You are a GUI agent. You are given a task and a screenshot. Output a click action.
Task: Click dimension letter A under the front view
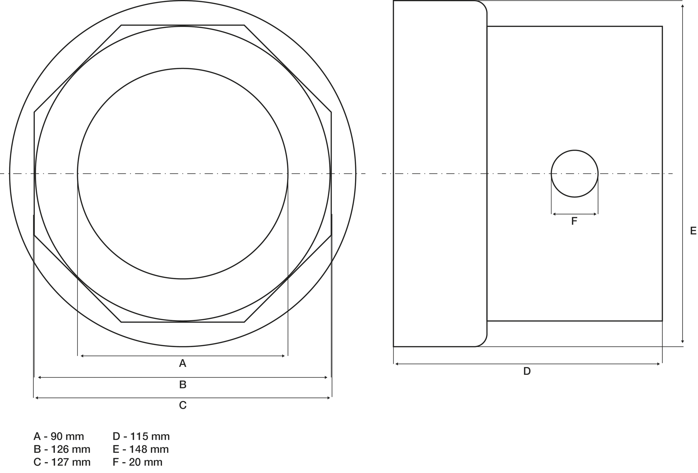click(x=183, y=363)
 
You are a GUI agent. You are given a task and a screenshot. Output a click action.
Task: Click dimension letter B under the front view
click(x=183, y=385)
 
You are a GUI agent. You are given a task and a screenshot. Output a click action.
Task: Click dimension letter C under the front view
click(x=183, y=405)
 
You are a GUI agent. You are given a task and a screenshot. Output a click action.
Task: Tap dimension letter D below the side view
click(x=527, y=371)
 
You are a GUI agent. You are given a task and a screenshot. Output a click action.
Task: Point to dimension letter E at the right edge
click(x=693, y=231)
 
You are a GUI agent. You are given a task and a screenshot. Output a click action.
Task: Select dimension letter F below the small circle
click(x=574, y=221)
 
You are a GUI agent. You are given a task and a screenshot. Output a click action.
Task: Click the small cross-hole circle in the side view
click(x=574, y=174)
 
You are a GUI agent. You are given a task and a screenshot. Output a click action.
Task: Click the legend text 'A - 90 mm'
click(x=59, y=436)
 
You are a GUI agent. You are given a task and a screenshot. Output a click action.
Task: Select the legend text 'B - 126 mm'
click(x=62, y=449)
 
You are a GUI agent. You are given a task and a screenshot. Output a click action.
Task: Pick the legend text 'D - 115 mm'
click(x=141, y=436)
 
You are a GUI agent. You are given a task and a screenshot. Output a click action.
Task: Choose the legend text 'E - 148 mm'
click(x=141, y=449)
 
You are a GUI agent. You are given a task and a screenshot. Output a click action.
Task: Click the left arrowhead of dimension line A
click(x=82, y=356)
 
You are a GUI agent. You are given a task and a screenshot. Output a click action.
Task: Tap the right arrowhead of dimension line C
click(x=329, y=398)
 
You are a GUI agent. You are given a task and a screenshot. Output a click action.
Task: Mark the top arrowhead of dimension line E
click(x=682, y=6)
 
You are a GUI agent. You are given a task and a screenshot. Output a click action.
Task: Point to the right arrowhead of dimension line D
click(x=659, y=364)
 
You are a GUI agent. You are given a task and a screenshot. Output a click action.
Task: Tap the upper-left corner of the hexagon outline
click(x=121, y=25)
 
